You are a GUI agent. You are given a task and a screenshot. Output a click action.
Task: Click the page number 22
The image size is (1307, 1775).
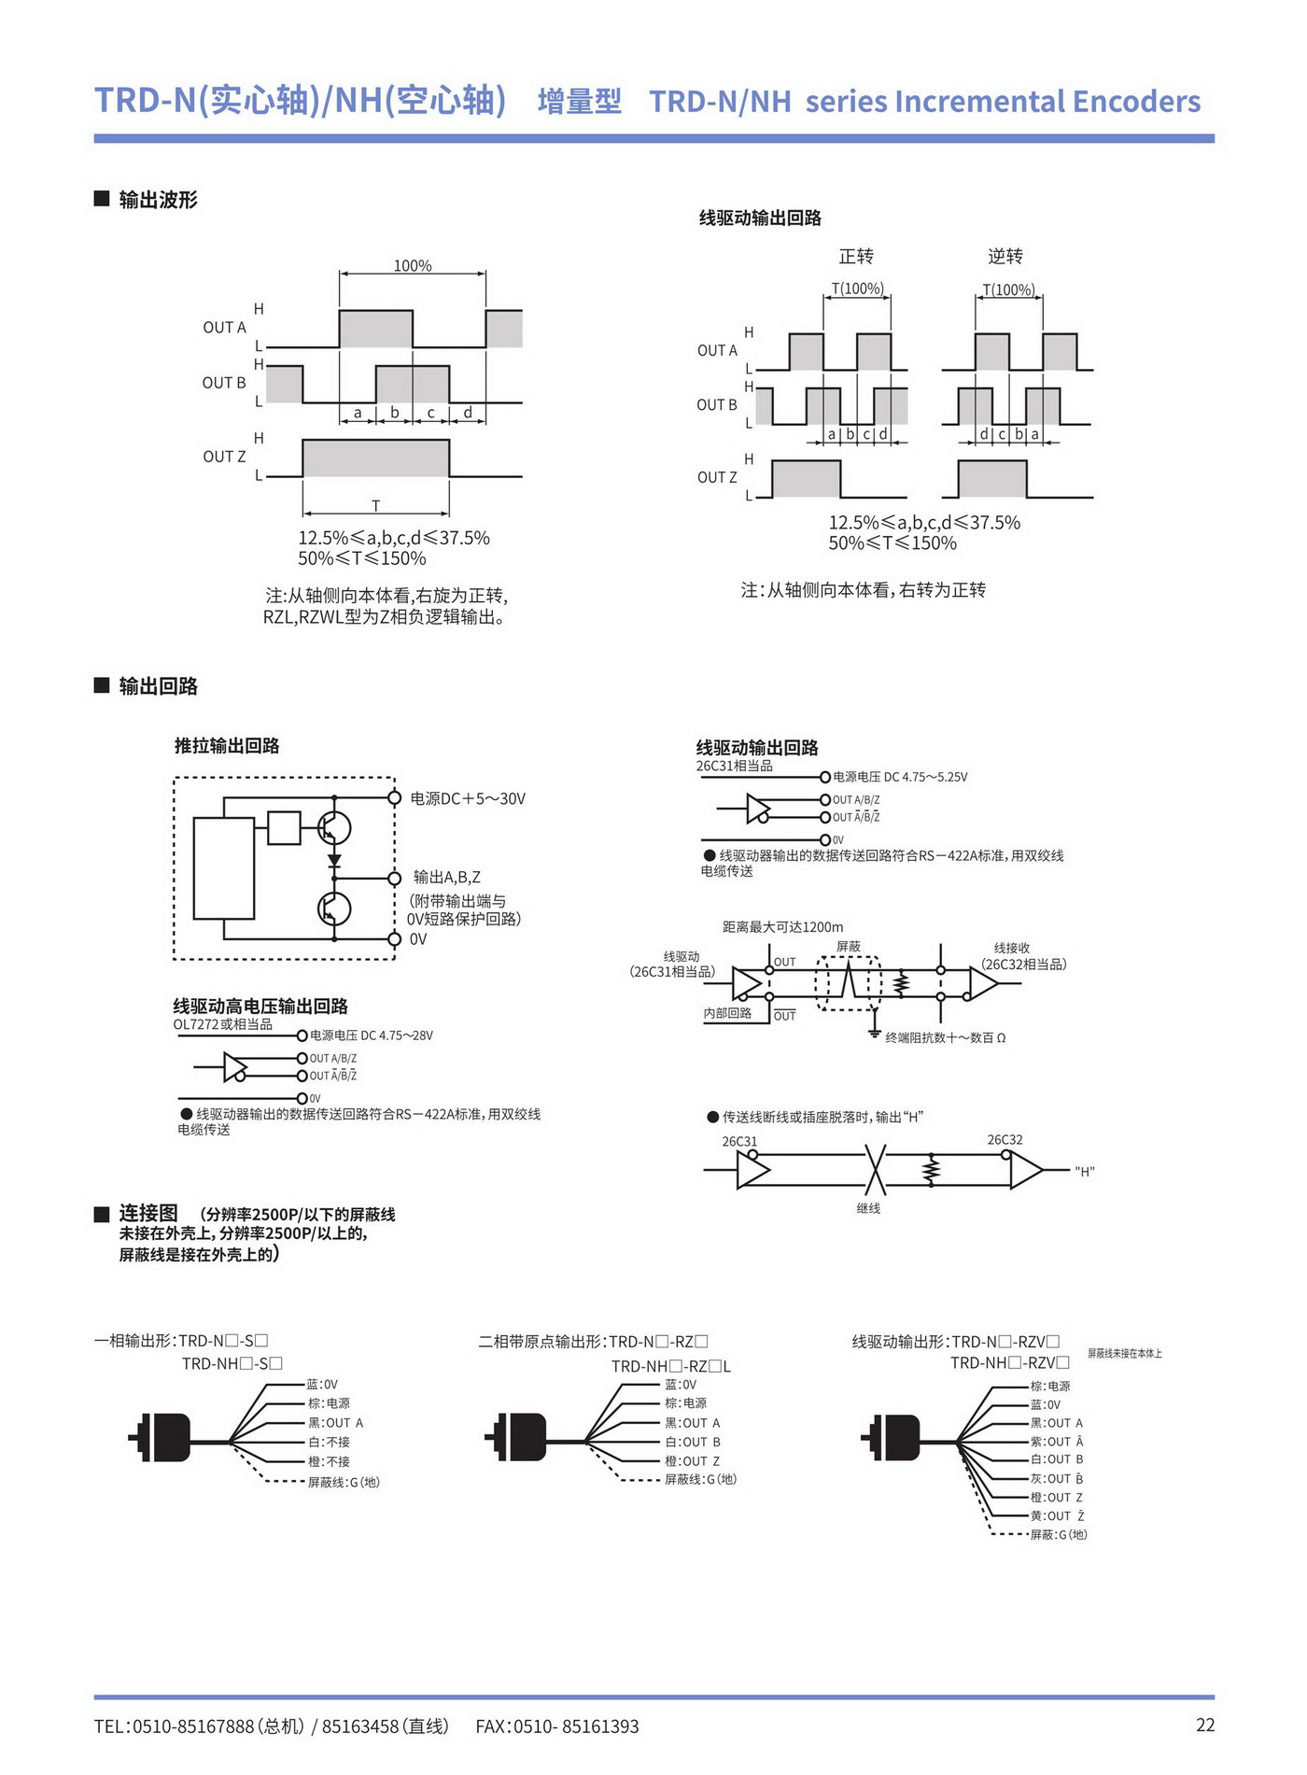tap(1205, 1725)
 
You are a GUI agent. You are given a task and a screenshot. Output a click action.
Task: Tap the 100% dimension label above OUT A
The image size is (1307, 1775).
tap(413, 266)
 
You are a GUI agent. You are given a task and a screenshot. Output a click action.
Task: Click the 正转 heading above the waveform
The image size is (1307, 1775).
tap(856, 256)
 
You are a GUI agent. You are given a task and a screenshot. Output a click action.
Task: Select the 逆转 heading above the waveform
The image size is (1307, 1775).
tap(1005, 256)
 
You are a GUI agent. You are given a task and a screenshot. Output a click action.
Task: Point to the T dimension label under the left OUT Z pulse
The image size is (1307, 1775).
tap(376, 505)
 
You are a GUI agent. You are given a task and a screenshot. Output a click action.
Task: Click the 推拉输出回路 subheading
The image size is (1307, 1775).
tap(227, 745)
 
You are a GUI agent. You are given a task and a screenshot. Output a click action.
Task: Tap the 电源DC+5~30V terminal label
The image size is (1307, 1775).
tap(468, 798)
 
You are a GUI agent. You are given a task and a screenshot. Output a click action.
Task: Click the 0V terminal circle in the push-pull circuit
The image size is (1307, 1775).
tap(395, 938)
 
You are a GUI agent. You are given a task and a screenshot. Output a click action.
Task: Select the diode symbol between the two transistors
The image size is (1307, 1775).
tap(334, 861)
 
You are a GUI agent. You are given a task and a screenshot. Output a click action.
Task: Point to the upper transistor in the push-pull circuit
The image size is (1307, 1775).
tap(333, 827)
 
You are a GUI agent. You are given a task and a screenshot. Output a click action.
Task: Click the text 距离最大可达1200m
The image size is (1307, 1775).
tap(782, 927)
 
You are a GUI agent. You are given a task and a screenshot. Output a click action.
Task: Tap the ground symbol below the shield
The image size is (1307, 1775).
tap(875, 1032)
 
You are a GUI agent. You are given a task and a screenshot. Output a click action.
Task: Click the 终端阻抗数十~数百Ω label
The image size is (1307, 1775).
tap(946, 1037)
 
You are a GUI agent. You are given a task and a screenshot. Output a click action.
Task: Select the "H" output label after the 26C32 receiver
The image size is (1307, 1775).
tap(1085, 1172)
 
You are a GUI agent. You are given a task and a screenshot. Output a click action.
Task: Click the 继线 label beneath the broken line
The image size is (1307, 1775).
tap(868, 1208)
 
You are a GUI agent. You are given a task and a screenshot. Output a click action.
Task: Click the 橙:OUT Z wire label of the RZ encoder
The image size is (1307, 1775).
tap(692, 1461)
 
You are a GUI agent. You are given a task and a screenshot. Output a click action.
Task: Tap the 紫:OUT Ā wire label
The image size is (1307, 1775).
tap(1057, 1442)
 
